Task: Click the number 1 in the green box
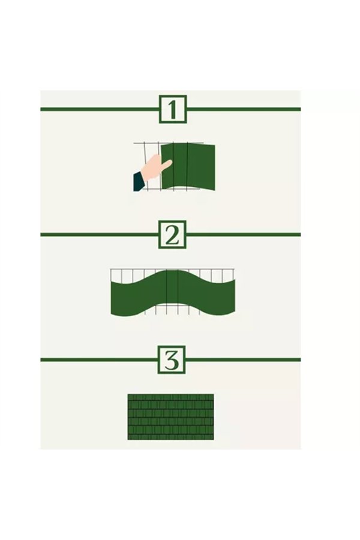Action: pos(173,109)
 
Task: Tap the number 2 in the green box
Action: pos(172,235)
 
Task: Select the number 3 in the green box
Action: pos(172,360)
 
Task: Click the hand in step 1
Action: pos(157,167)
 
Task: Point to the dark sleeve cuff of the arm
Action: pos(139,182)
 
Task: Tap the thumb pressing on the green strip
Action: pos(166,164)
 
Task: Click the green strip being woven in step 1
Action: pos(188,167)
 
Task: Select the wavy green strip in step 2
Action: pos(173,293)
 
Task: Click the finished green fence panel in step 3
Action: pos(170,417)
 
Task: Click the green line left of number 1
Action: pos(100,109)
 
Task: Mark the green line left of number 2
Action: pos(99,235)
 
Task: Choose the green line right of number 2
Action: pos(244,235)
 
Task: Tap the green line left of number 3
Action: pos(99,360)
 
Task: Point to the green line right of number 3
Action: pos(243,360)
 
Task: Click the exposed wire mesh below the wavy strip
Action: pos(172,309)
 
